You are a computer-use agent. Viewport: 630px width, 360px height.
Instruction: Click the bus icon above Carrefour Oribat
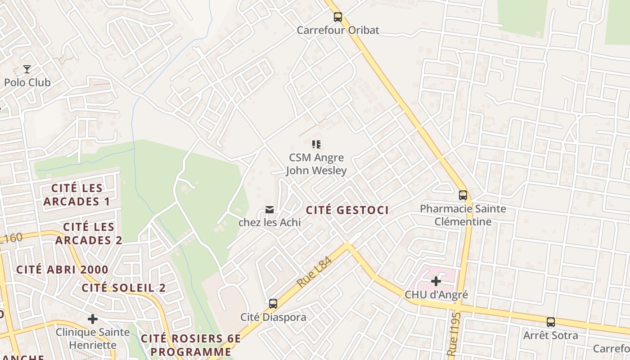[x=337, y=17]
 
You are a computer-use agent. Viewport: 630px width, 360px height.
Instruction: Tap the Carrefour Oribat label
[x=338, y=30]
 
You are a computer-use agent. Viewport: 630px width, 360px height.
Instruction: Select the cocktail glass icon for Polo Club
[x=27, y=69]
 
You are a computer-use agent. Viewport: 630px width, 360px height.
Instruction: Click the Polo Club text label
[x=27, y=82]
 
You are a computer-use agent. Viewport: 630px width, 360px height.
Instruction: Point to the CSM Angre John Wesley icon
[x=316, y=144]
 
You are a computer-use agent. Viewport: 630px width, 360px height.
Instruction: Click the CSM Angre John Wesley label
[x=316, y=164]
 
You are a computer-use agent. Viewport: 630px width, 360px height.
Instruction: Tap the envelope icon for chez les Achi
[x=270, y=209]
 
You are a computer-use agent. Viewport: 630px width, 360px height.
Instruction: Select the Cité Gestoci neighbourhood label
[x=347, y=210]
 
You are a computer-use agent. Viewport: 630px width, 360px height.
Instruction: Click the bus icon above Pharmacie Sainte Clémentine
[x=463, y=195]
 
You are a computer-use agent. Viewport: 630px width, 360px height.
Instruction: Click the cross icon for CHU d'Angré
[x=436, y=281]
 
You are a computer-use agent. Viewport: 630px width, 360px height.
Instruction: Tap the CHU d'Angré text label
[x=436, y=295]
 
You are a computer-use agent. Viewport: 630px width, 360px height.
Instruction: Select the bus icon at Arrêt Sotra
[x=550, y=322]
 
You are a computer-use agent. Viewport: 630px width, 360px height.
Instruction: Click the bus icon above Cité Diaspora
[x=273, y=304]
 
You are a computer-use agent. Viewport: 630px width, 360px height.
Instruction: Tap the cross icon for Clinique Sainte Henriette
[x=92, y=319]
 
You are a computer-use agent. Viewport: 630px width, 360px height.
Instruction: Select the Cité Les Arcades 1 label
[x=76, y=194]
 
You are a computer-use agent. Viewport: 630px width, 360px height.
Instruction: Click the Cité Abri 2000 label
[x=62, y=270]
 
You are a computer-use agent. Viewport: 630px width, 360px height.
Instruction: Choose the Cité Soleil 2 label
[x=124, y=288]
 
